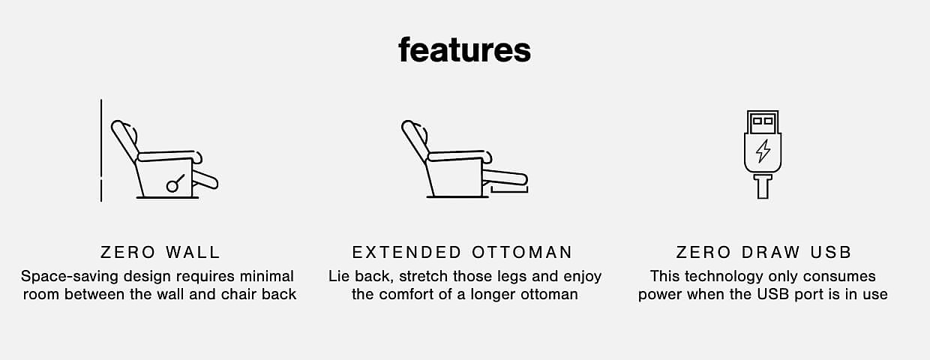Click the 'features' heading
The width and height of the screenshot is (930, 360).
(464, 49)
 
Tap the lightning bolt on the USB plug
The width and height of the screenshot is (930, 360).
(763, 150)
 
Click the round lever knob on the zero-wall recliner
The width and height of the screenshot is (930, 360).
(172, 187)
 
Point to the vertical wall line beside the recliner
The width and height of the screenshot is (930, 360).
(101, 150)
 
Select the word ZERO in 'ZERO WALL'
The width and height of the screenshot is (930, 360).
(127, 253)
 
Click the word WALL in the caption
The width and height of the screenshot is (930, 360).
(193, 253)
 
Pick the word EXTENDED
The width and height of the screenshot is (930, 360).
(406, 253)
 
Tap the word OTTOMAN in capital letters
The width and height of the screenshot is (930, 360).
(522, 253)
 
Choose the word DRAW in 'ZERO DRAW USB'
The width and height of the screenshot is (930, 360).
(770, 253)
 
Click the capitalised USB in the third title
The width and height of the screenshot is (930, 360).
(831, 253)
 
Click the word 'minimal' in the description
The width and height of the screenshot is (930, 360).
(267, 276)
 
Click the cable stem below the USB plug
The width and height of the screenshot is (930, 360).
(763, 187)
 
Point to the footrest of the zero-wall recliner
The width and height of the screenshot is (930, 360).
(205, 179)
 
